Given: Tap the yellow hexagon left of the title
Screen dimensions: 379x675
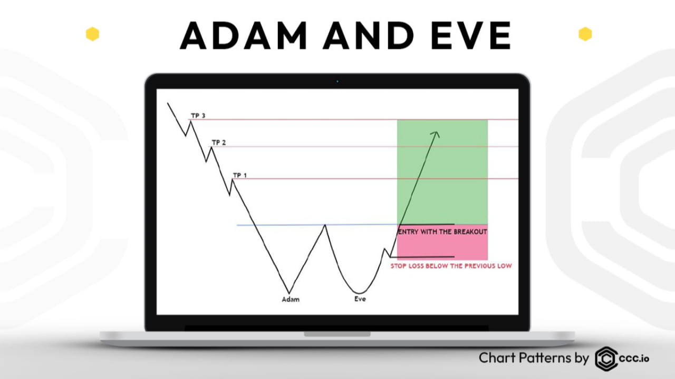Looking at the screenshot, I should pos(92,34).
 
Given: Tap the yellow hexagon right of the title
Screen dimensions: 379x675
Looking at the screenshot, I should pos(585,34).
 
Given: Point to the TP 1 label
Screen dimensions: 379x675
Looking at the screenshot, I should pos(239,175).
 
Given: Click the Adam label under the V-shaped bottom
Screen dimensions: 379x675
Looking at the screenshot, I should pos(291,300).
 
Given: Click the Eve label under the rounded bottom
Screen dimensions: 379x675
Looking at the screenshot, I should pos(360,299).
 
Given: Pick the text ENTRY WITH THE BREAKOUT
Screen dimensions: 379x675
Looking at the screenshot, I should pos(442,232).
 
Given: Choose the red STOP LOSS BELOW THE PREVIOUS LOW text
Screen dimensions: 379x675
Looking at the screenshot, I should pos(451,266).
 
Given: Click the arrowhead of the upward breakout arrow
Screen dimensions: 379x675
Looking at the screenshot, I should pos(436,134).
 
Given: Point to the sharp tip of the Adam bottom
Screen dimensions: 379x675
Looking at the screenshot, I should pos(289,293).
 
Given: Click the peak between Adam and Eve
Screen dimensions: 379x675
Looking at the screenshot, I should pos(325,225).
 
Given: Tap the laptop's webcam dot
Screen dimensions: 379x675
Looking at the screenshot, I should pos(337,82).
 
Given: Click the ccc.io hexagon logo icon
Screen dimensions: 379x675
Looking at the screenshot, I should pos(606,358).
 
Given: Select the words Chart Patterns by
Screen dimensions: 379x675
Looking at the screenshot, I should pos(534,358).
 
